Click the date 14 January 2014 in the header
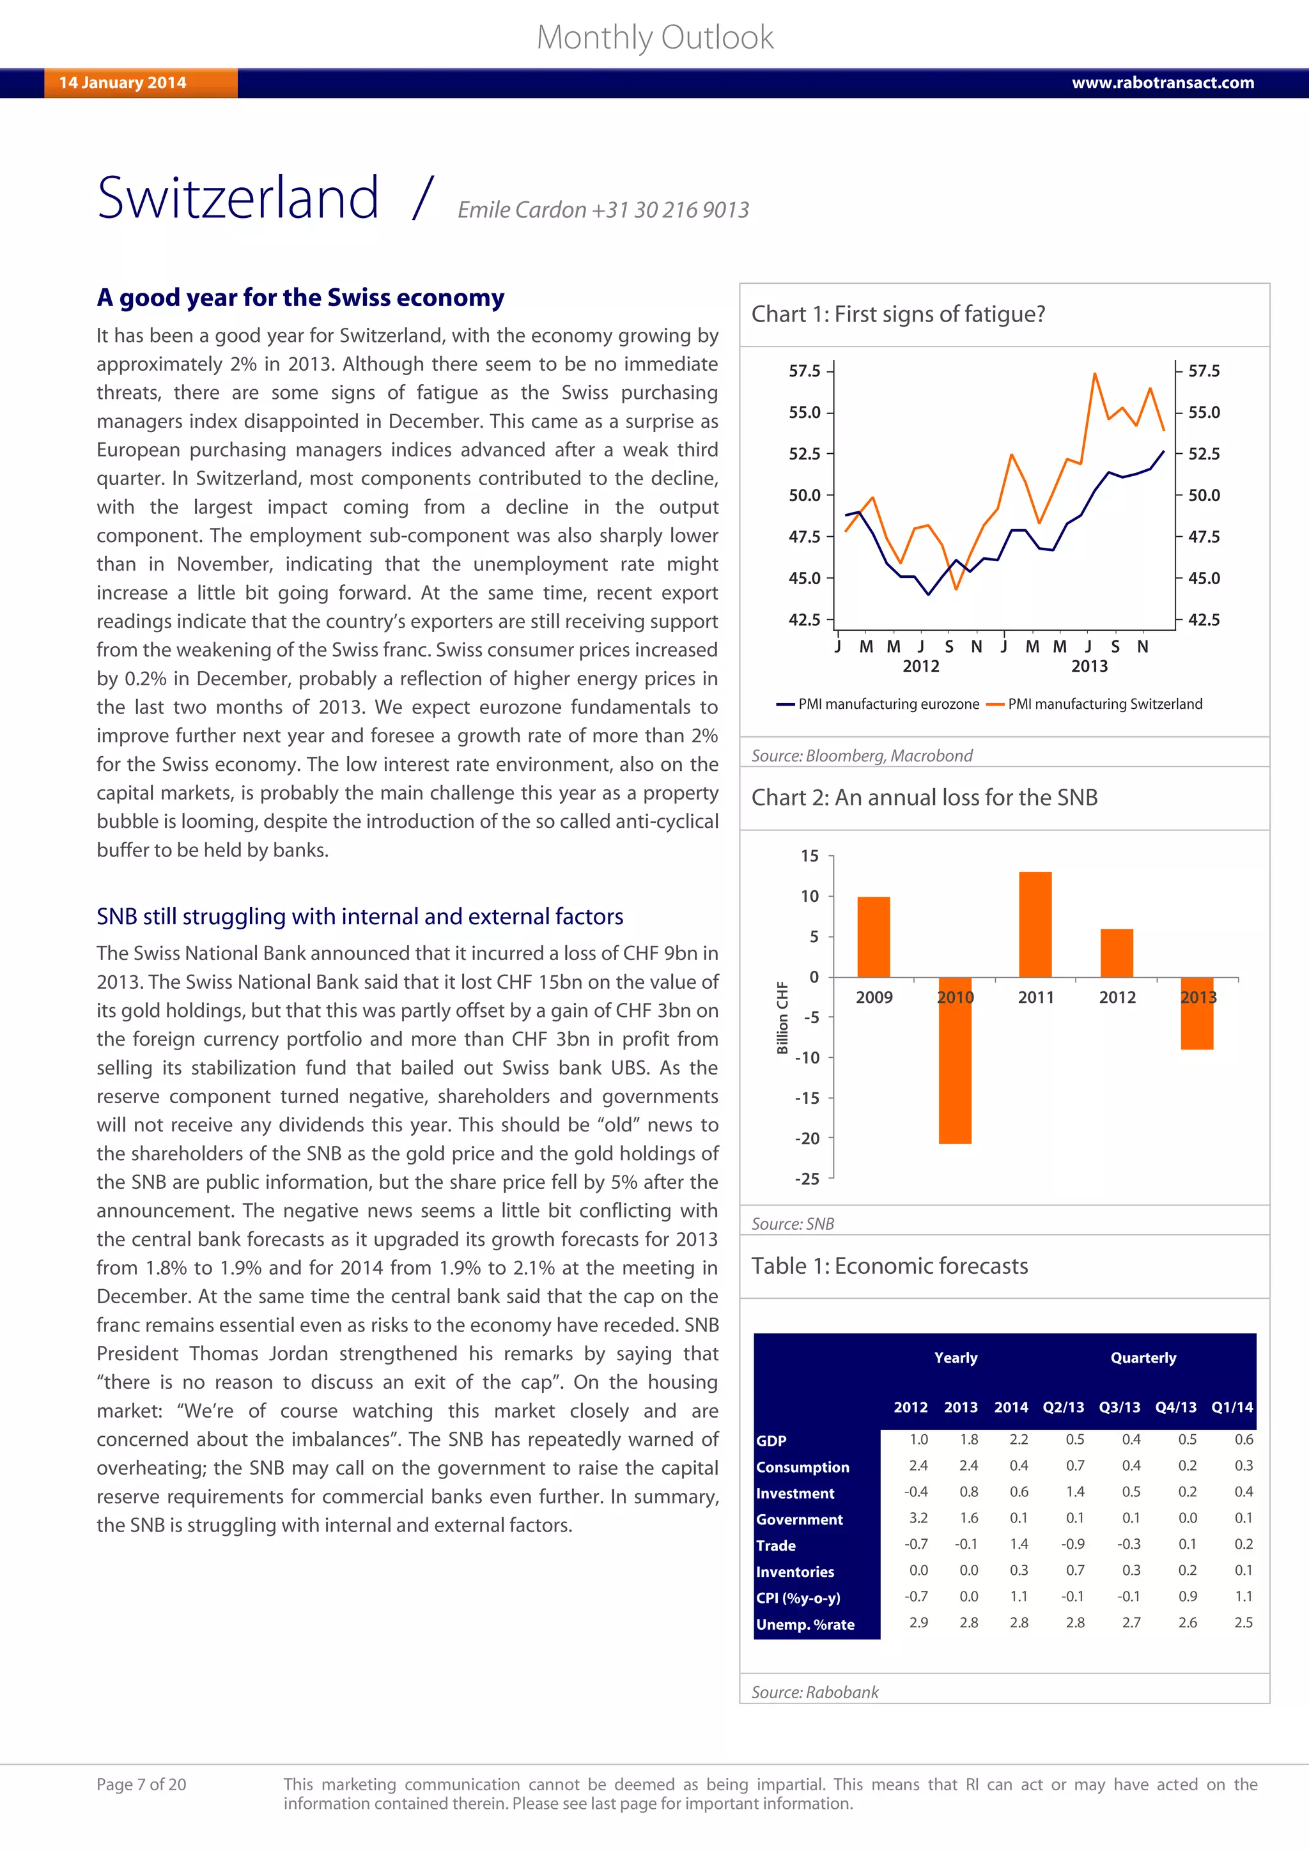coord(123,83)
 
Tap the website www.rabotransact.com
coord(1162,83)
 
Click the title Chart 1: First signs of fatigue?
coord(898,314)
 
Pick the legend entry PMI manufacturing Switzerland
coord(1104,704)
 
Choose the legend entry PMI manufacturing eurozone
coord(887,704)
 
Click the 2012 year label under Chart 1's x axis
coord(920,666)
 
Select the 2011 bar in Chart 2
coord(1035,924)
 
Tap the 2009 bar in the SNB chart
coord(873,937)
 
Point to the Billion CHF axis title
coord(782,1018)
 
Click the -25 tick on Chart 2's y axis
coord(807,1179)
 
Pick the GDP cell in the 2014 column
coord(1018,1440)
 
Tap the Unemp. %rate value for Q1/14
coord(1243,1623)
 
